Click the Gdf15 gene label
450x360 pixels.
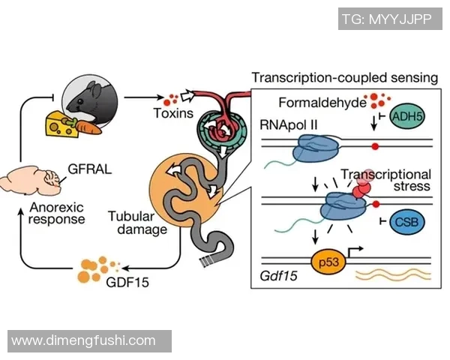tap(277, 277)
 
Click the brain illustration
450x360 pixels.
tap(31, 184)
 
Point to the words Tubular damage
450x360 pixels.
tap(136, 223)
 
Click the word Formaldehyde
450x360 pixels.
tap(319, 102)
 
